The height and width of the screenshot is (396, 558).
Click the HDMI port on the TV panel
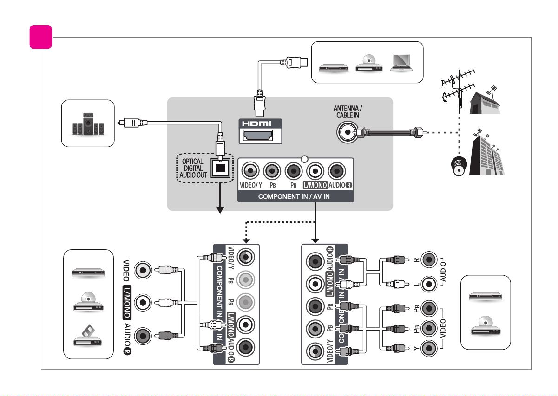point(258,136)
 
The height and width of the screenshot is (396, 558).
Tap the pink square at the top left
point(40,37)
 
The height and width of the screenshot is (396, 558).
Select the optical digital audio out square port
point(220,168)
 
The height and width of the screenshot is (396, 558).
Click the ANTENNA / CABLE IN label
point(348,112)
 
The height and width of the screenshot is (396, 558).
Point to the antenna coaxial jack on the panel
point(348,132)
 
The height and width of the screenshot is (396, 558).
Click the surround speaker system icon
point(88,124)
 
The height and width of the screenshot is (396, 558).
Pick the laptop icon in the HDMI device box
point(401,63)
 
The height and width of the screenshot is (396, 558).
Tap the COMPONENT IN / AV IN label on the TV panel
point(294,197)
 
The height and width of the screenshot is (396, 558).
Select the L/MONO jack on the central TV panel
point(315,171)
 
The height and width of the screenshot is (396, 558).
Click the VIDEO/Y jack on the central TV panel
point(250,171)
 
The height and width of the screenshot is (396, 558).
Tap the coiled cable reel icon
point(459,166)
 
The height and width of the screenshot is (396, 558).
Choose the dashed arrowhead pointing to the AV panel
point(246,240)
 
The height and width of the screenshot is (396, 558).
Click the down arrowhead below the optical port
point(220,210)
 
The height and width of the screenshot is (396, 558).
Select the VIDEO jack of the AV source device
point(143,270)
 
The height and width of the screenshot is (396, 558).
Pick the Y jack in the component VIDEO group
point(429,348)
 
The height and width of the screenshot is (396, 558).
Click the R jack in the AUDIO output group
point(429,260)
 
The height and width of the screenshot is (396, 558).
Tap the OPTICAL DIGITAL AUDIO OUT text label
point(193,168)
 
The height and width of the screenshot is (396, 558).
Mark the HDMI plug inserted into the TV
point(260,103)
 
